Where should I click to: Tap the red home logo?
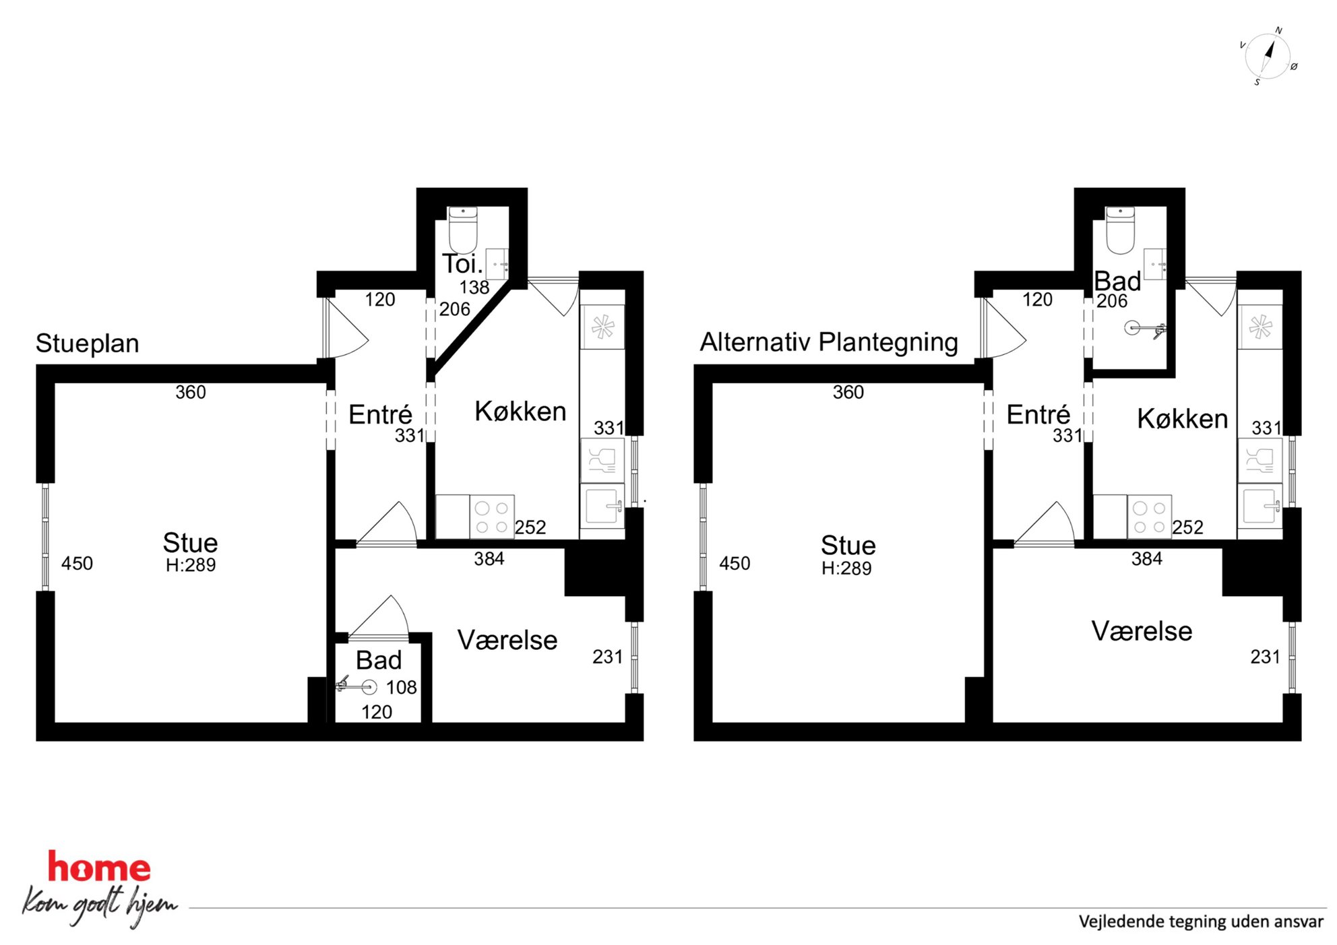(99, 867)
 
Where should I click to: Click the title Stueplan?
(88, 344)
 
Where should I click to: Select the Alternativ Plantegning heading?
(829, 342)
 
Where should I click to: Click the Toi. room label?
(462, 263)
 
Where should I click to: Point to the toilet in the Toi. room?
(463, 230)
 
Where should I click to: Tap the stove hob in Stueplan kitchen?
(492, 517)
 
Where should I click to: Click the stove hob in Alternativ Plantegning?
(1150, 517)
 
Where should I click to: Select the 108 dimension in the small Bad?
(402, 688)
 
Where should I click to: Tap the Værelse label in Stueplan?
(507, 641)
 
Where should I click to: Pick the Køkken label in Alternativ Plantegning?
(1183, 419)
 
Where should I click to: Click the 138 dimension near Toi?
(474, 288)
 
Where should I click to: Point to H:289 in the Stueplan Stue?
(191, 565)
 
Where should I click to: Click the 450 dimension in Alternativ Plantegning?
(735, 564)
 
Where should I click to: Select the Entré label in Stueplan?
(380, 414)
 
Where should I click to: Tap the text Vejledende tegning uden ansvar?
(1201, 921)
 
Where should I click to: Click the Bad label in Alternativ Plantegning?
(1117, 282)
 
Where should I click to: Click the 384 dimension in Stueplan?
(489, 559)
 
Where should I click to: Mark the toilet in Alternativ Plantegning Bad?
(1120, 230)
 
